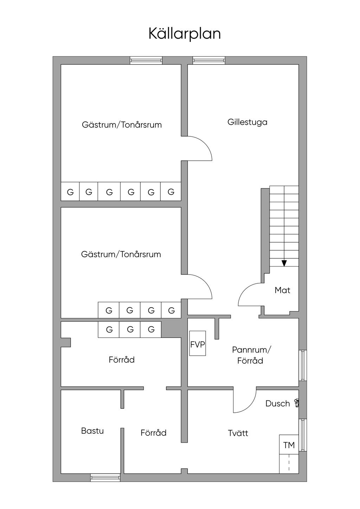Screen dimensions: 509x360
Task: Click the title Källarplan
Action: pos(185,34)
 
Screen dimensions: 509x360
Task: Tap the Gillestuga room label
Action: pos(247,122)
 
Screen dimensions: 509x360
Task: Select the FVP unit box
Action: pos(198,343)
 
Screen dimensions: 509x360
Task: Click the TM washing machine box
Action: pos(289,445)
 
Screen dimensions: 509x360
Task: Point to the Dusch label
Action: pos(277,404)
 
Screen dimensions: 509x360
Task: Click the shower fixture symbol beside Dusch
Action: pos(297,402)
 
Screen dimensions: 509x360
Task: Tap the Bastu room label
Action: pos(92,431)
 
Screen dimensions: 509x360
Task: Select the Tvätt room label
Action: pos(238,433)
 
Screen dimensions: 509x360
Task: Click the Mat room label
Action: pos(282,290)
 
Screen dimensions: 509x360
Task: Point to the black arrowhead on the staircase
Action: pos(284,263)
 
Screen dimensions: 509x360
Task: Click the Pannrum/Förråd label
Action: pos(251,355)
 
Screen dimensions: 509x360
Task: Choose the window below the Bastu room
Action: pos(105,477)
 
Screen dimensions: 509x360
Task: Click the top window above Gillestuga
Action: pos(209,60)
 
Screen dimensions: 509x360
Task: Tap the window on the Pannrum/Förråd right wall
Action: pos(303,365)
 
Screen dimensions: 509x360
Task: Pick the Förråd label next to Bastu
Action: pos(153,433)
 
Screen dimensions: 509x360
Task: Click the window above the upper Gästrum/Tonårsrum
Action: pos(146,60)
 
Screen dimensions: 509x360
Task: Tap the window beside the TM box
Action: pos(303,435)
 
